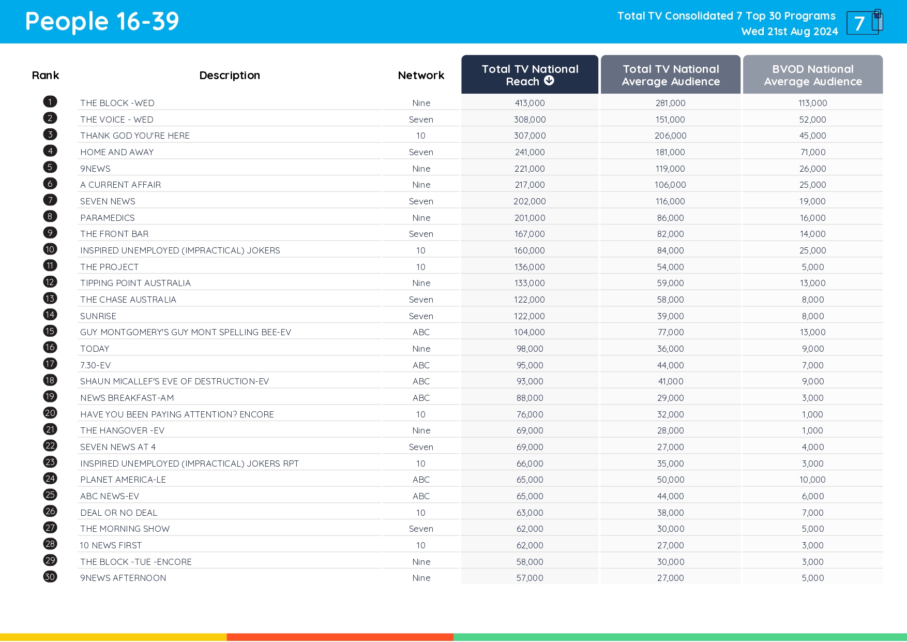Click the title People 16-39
click(102, 22)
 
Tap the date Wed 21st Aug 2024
click(789, 32)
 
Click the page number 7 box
click(862, 23)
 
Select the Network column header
click(421, 76)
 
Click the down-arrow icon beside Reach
click(549, 81)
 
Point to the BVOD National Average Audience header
click(812, 76)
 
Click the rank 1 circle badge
click(50, 102)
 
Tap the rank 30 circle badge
click(50, 577)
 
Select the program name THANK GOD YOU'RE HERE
click(135, 136)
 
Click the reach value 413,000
click(530, 103)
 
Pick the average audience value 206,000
click(670, 136)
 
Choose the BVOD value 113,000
click(812, 103)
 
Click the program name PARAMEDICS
click(108, 218)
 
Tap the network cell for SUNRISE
click(421, 316)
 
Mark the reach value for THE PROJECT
click(530, 267)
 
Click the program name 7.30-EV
click(96, 365)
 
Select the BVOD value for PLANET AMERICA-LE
click(812, 480)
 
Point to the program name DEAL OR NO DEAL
click(119, 513)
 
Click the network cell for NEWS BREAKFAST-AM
click(421, 398)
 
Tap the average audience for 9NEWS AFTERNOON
click(670, 578)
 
